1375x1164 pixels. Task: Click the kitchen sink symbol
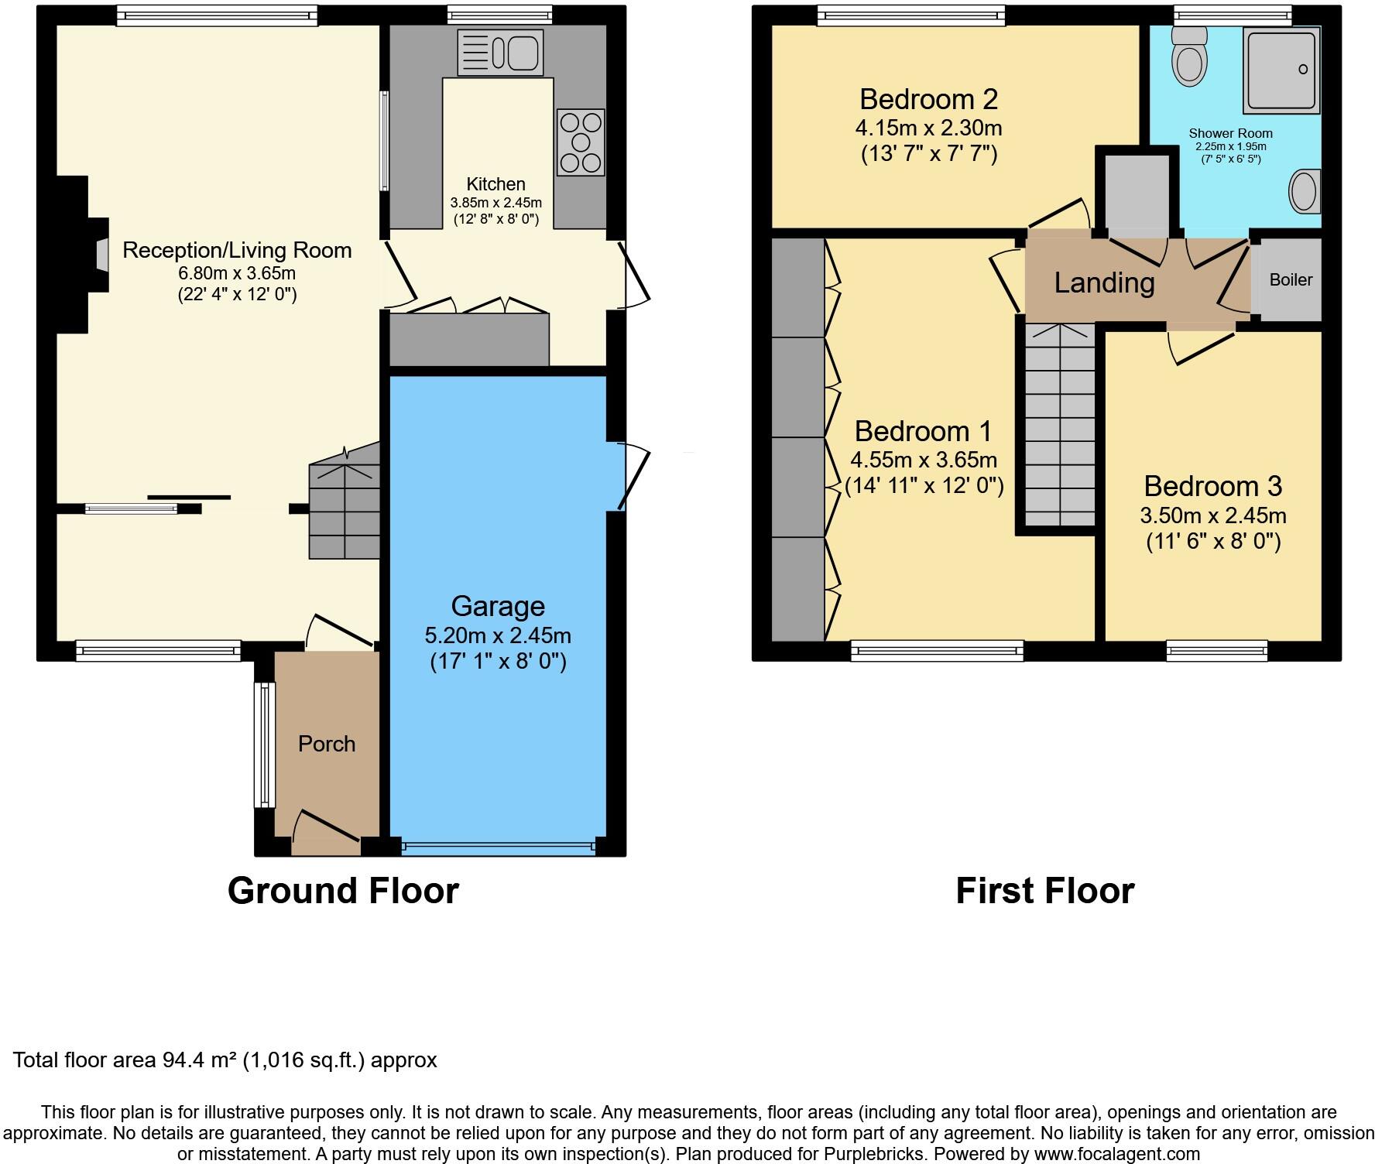click(x=500, y=53)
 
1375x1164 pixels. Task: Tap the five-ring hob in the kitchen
click(x=581, y=142)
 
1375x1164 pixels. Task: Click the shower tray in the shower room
click(x=1281, y=70)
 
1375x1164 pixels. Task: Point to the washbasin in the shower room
click(x=1305, y=191)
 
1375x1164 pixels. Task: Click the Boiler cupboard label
click(x=1291, y=280)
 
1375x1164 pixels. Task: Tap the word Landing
click(x=1104, y=282)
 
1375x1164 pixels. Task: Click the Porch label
click(x=327, y=744)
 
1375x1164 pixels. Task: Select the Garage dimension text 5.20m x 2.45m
click(x=497, y=635)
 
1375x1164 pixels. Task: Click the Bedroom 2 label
click(x=928, y=99)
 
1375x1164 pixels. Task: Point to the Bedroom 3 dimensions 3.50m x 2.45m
click(x=1212, y=515)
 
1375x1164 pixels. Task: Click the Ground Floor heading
click(x=343, y=891)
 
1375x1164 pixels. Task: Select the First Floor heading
click(x=1044, y=891)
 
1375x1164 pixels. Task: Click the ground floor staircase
click(x=345, y=511)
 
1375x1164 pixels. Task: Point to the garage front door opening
click(x=499, y=848)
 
